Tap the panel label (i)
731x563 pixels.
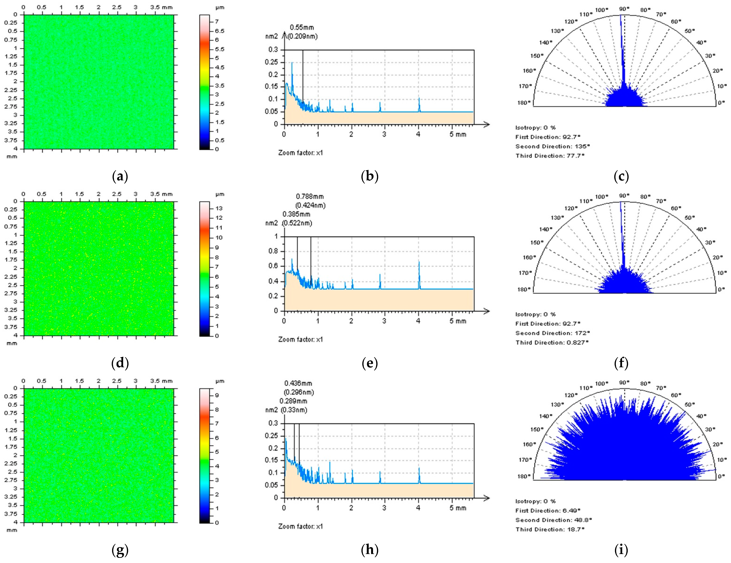coord(621,550)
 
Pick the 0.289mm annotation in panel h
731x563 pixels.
coord(293,401)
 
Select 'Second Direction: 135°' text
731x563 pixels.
coord(552,146)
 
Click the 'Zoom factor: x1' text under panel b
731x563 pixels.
coord(300,153)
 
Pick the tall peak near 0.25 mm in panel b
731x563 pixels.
coord(292,63)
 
